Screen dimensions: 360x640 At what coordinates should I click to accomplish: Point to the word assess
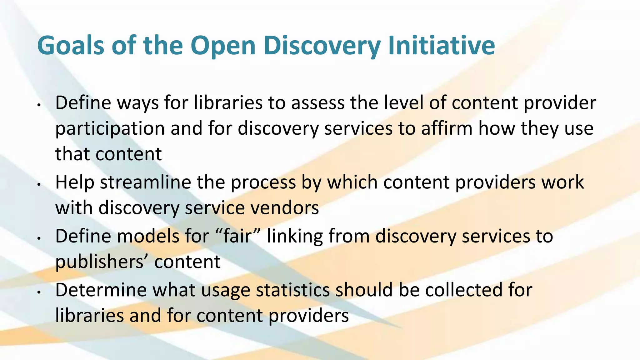click(x=318, y=103)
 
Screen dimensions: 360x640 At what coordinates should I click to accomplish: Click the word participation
click(x=110, y=129)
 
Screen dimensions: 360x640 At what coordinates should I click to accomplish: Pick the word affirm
click(x=447, y=128)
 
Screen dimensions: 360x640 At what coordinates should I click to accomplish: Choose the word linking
click(x=295, y=237)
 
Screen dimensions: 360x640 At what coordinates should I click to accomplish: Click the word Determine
click(x=101, y=290)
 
